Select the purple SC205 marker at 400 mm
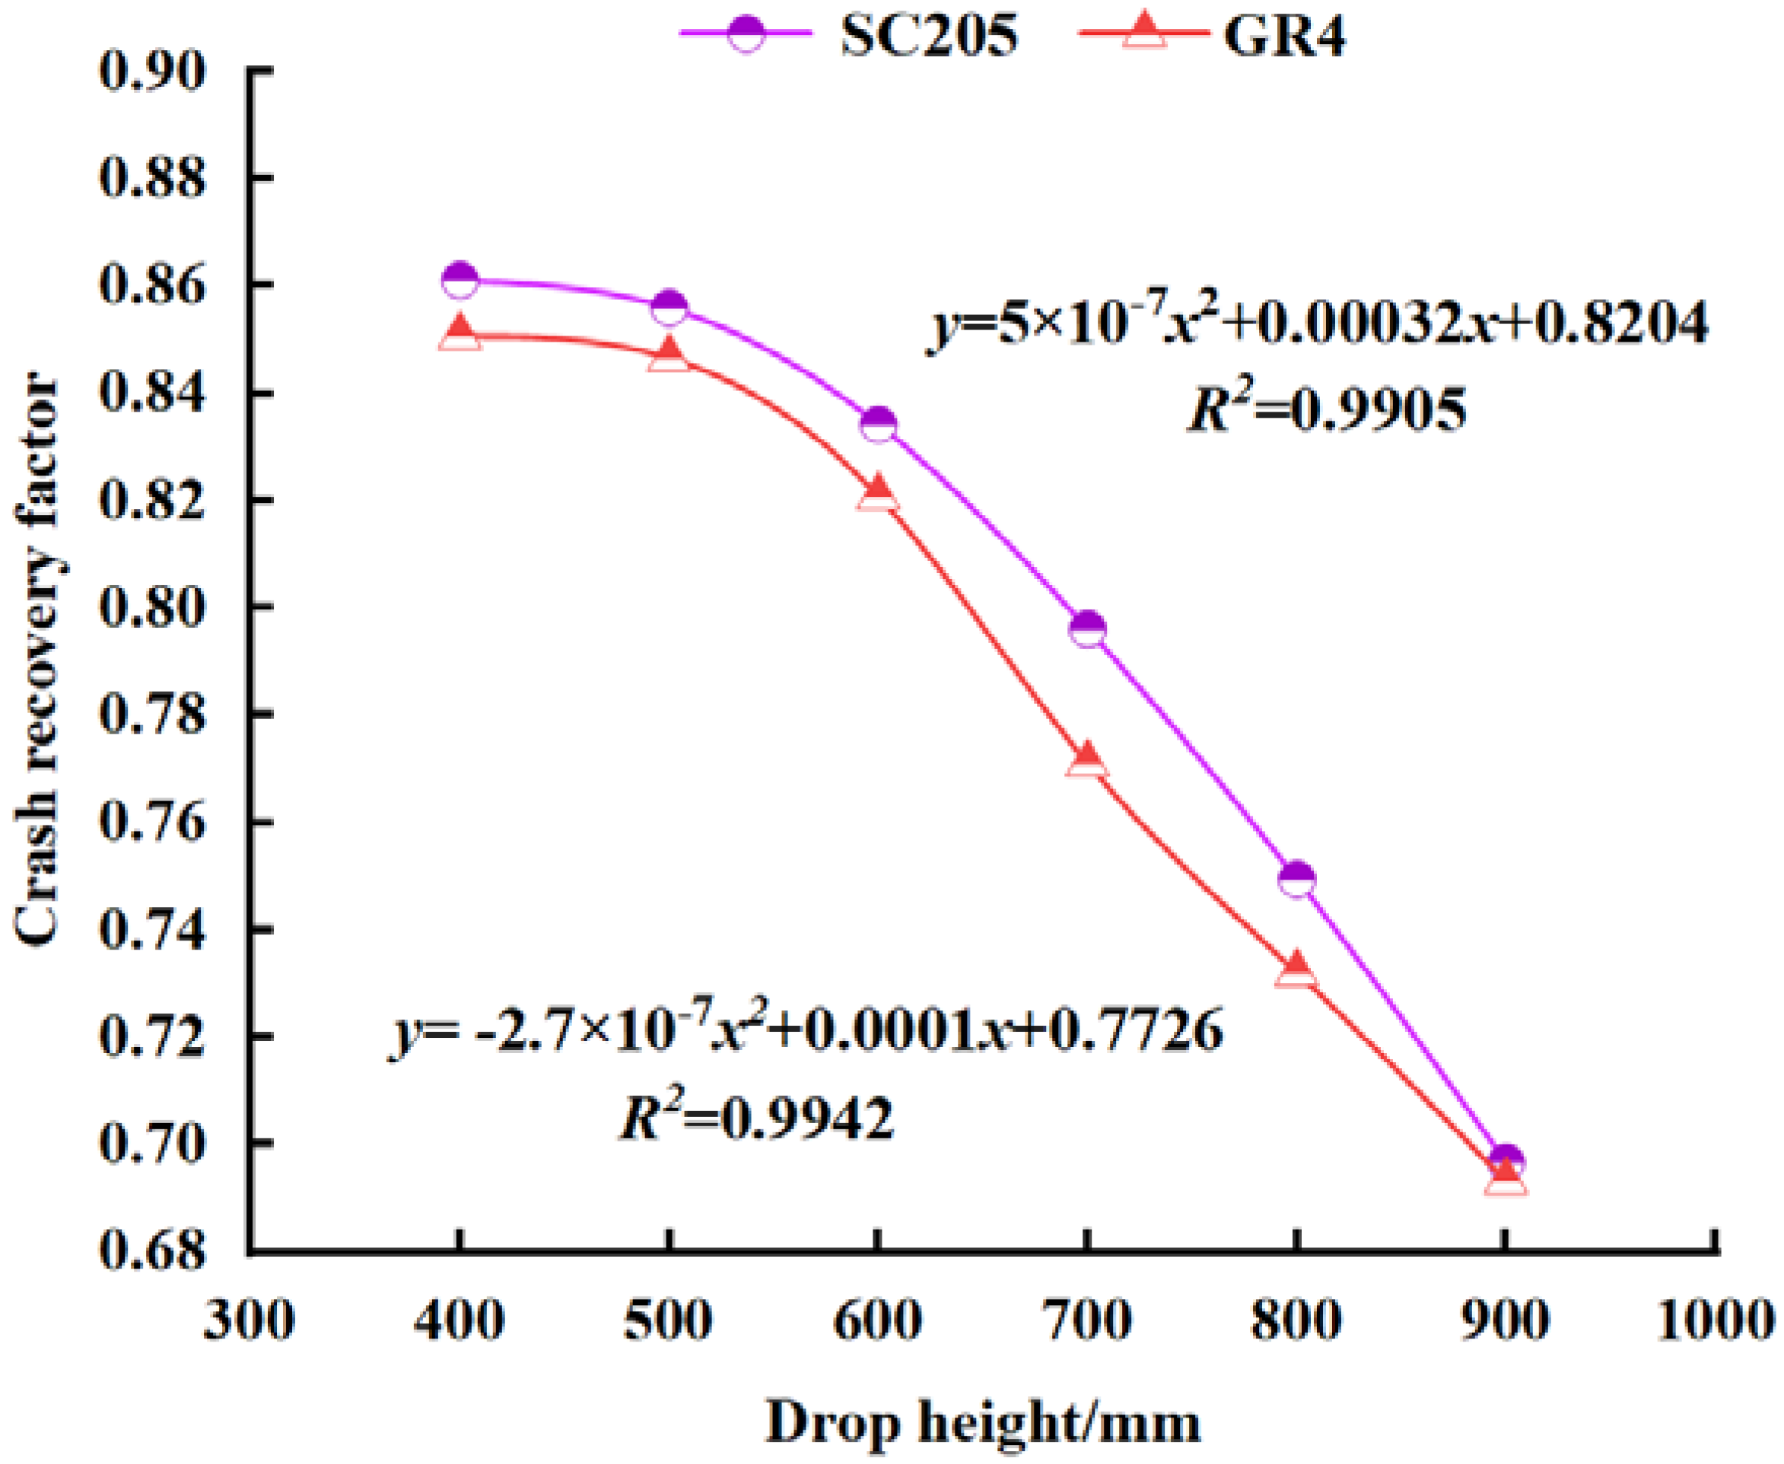tap(460, 280)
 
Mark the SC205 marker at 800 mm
tap(1296, 880)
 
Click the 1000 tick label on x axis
tap(1716, 1319)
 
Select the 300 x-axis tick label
tap(250, 1319)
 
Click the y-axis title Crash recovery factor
tap(38, 662)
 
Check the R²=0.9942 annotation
tap(756, 1119)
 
